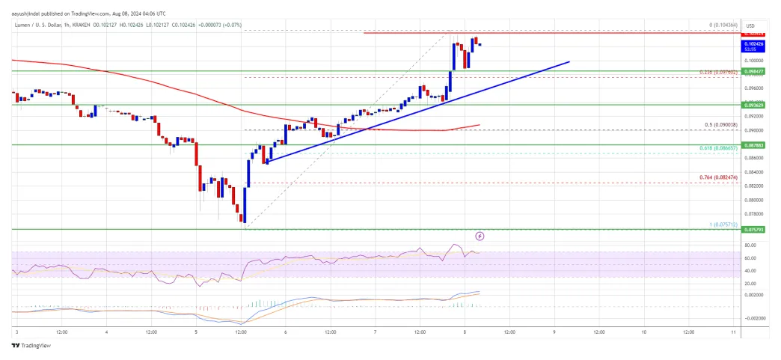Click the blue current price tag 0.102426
tap(753, 43)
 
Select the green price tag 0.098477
tap(753, 71)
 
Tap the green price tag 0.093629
tap(753, 106)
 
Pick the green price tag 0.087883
tap(753, 145)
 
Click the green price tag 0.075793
tap(753, 230)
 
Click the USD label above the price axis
tap(751, 24)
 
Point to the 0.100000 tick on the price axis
tap(753, 60)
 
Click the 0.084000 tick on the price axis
tap(753, 171)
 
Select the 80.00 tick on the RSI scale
tap(749, 245)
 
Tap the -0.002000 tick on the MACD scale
tap(753, 318)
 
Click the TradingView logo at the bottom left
tap(28, 346)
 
